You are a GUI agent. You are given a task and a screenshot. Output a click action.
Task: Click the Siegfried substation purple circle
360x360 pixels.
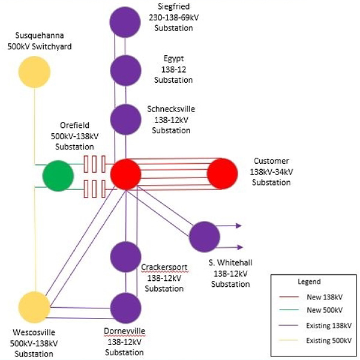125,20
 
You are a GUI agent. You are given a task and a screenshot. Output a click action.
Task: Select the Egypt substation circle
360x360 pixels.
125,70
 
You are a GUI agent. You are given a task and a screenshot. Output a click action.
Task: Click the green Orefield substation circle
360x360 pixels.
58,176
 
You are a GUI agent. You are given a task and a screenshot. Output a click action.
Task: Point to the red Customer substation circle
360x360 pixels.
223,175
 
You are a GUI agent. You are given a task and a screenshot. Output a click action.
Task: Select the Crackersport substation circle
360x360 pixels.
125,257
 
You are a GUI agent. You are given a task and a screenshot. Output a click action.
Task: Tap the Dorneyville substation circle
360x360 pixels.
125,308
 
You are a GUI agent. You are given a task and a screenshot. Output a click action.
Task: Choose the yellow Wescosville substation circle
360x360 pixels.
34,307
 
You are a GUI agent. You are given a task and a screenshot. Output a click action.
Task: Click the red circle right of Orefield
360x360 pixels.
125,175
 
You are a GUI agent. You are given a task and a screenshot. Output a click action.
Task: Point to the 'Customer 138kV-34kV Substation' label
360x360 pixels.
271,172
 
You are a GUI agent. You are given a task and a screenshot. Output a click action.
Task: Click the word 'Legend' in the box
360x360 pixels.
309,281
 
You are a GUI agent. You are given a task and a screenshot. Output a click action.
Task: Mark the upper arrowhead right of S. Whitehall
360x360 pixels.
239,226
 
